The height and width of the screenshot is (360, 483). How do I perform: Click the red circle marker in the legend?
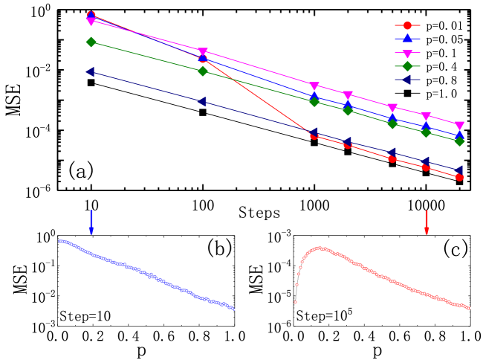[407, 25]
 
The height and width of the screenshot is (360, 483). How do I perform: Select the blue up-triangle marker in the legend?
[407, 39]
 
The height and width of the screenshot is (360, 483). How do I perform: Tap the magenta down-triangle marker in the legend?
[407, 53]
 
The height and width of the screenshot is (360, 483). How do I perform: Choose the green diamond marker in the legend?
[407, 66]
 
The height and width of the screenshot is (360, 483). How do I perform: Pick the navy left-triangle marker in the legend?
[407, 80]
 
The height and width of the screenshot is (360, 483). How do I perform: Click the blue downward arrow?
[91, 222]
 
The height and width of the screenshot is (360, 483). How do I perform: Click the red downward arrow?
[426, 222]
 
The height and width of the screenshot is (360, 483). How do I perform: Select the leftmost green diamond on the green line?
[91, 42]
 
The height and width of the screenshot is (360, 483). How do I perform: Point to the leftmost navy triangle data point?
[91, 72]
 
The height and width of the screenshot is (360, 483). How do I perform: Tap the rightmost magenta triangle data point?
[459, 126]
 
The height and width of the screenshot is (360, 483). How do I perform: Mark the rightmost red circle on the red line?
[459, 177]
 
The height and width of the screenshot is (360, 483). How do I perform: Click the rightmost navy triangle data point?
[459, 170]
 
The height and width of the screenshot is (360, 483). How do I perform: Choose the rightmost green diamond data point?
[459, 141]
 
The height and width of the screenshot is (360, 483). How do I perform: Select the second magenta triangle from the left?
[203, 52]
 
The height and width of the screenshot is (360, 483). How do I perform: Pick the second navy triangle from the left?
[202, 101]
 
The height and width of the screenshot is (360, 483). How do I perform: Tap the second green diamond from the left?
[203, 71]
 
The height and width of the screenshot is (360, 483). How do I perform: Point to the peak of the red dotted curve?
[320, 248]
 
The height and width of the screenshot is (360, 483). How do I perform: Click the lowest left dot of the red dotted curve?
[295, 302]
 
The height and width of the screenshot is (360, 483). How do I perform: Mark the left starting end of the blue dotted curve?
[59, 241]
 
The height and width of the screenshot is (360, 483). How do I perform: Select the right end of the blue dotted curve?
[234, 309]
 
